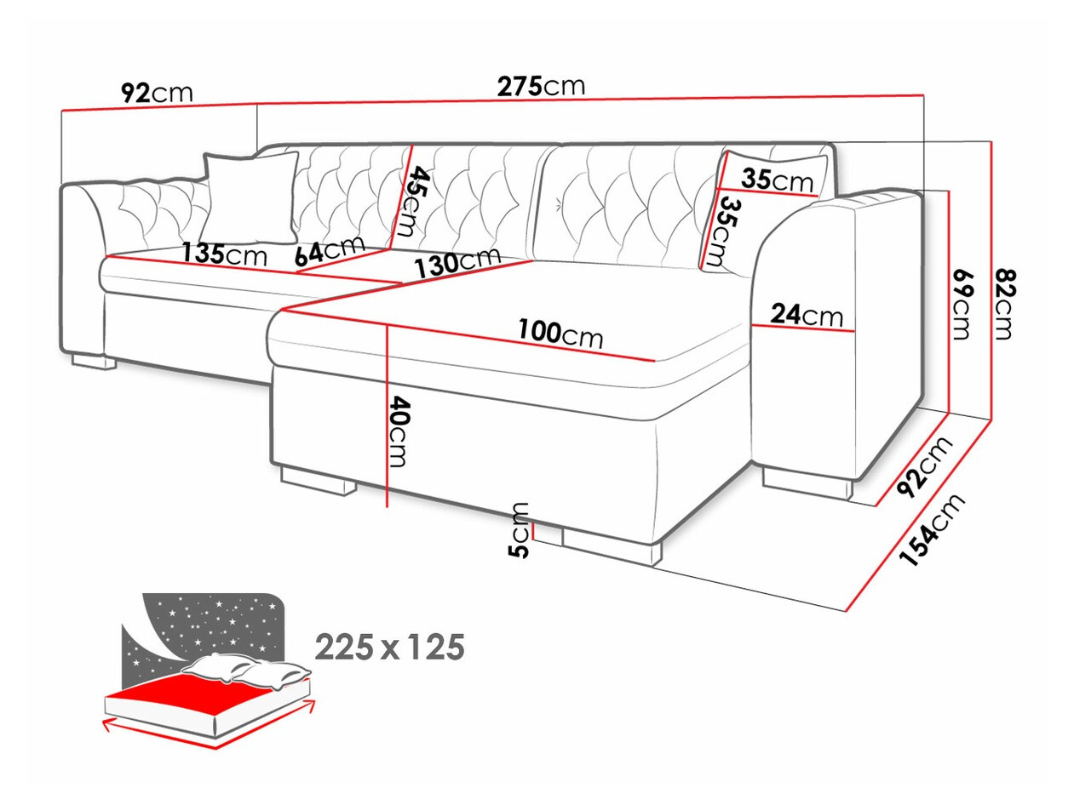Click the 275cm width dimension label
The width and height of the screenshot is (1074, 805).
(x=540, y=87)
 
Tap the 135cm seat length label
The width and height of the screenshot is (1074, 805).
(x=225, y=254)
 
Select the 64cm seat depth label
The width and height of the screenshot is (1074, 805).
(x=330, y=251)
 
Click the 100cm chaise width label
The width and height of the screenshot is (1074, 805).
(x=560, y=334)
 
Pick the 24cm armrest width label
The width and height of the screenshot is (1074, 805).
(x=807, y=315)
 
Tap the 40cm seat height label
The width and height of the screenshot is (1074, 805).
(x=398, y=431)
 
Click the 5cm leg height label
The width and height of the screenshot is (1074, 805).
(x=519, y=530)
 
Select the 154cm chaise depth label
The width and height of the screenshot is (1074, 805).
(x=932, y=530)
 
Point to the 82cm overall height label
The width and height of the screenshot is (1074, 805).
(x=1003, y=304)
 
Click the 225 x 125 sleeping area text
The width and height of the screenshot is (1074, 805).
(x=389, y=647)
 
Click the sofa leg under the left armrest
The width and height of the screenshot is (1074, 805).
(x=94, y=362)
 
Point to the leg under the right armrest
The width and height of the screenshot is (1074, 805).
(x=807, y=485)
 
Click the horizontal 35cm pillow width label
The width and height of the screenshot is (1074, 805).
(x=777, y=180)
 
